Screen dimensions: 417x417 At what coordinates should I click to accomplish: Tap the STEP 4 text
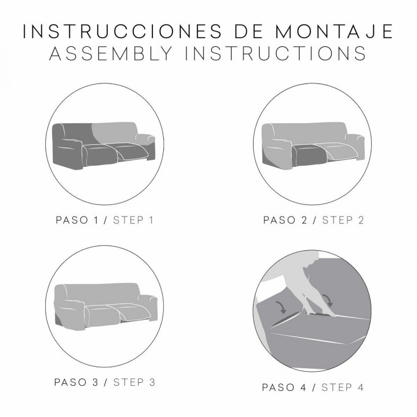343,387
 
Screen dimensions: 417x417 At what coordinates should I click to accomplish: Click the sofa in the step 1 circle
104,145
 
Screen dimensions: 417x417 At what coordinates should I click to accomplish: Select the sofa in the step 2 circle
313,145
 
